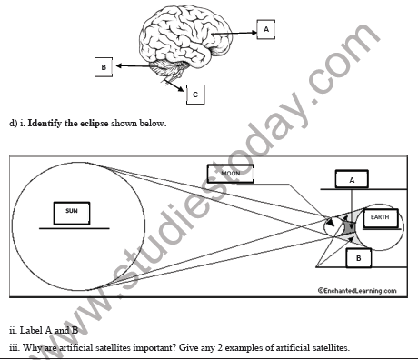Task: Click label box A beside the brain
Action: tap(265, 29)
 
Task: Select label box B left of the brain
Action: tap(104, 66)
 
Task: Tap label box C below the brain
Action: tap(196, 93)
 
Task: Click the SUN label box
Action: tap(72, 212)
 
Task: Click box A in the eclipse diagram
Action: tap(352, 181)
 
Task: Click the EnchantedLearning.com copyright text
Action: tap(357, 291)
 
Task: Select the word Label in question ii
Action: tap(30, 331)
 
